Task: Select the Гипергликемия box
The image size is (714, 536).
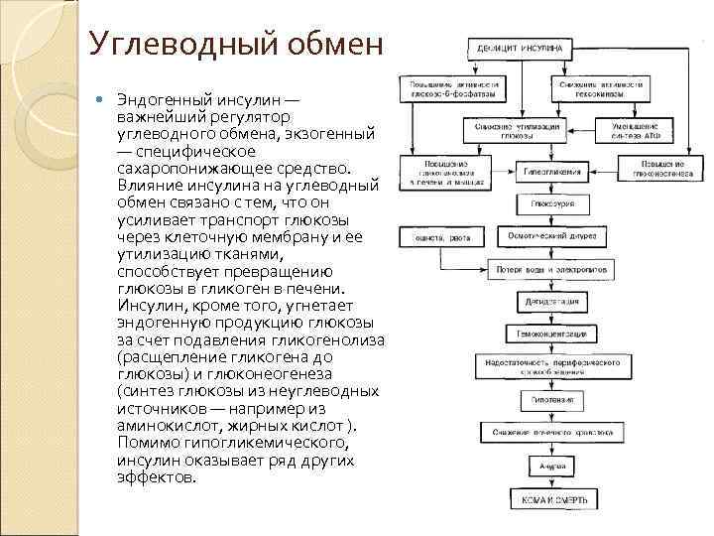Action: point(553,171)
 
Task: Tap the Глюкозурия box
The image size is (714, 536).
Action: point(553,203)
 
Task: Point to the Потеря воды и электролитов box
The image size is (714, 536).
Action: point(553,269)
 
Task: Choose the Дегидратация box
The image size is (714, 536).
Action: point(553,302)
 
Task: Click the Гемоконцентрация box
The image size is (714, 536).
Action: point(553,335)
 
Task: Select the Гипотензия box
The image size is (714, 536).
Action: point(553,400)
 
